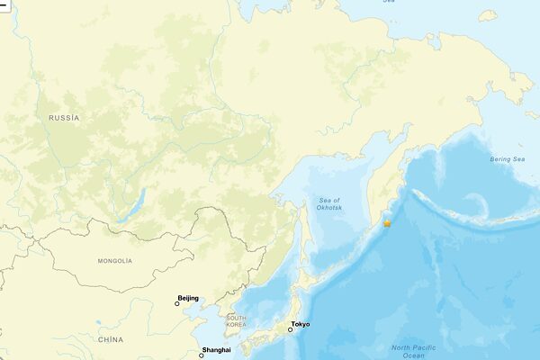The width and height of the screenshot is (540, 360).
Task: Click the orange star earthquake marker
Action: tap(387, 222)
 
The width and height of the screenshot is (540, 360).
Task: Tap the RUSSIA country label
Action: tap(64, 118)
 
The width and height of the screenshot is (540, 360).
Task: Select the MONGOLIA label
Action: tap(114, 261)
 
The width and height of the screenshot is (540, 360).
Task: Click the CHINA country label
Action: tap(110, 339)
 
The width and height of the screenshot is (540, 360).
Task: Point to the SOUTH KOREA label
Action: tap(237, 321)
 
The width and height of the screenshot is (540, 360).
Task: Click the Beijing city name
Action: tap(189, 298)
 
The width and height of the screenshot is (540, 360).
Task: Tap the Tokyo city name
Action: tap(301, 324)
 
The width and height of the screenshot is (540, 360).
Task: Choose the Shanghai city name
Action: tap(217, 349)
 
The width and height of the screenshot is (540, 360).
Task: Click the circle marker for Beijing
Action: tap(177, 304)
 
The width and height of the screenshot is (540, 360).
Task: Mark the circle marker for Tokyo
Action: tap(290, 330)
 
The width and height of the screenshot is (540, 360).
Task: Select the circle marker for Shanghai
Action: tap(202, 355)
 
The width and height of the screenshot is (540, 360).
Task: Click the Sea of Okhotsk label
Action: tap(329, 203)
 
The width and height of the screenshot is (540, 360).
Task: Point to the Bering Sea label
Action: tap(507, 159)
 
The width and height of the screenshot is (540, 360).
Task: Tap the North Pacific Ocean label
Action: tap(413, 351)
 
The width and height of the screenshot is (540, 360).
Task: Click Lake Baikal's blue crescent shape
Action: tap(130, 209)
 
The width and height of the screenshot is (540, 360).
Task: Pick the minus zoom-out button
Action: tap(4, 4)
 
